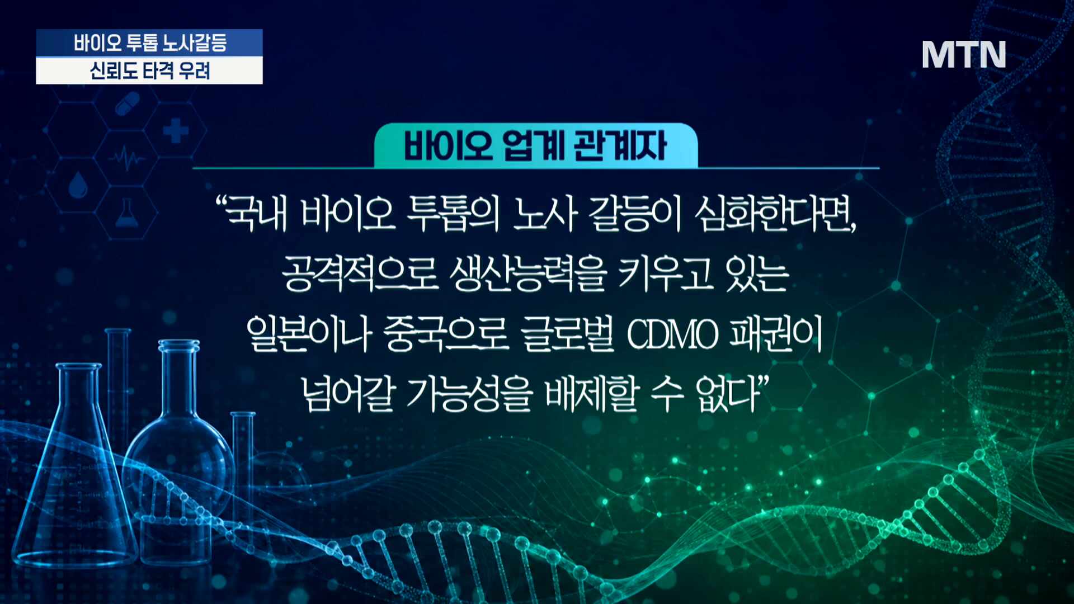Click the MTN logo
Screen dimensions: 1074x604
pos(964,55)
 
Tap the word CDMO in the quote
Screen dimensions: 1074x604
pos(672,335)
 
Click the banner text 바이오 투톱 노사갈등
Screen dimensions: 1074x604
pos(150,43)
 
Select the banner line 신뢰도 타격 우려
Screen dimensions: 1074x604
pos(150,71)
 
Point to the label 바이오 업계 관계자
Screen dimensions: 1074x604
pos(535,145)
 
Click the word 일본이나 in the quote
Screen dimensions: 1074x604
pos(309,334)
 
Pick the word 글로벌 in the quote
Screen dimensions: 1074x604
pos(567,334)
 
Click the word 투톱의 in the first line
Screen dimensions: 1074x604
pos(453,214)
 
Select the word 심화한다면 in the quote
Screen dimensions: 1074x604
pos(775,214)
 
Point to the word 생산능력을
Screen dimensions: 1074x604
pos(528,274)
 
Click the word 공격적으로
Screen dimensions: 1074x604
pos(360,274)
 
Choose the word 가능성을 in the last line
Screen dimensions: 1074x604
pos(469,394)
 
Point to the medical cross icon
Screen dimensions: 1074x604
pos(176,131)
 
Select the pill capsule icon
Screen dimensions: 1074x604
pos(128,103)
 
